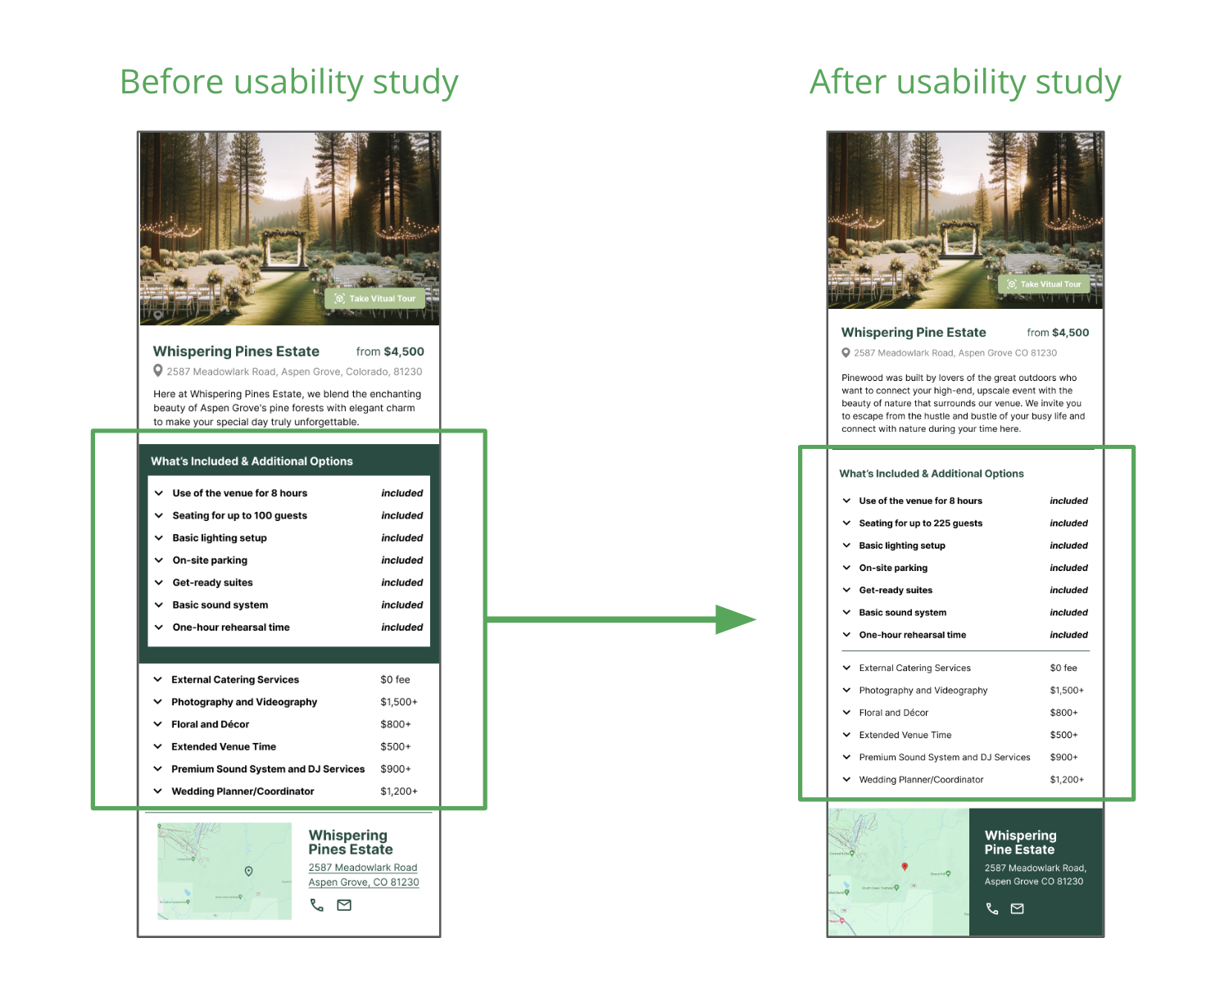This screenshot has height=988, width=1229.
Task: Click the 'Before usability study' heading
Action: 288,82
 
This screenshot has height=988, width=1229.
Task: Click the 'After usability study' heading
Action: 965,82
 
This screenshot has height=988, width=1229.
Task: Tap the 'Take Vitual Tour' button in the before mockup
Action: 375,298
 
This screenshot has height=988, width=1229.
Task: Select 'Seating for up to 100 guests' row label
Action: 239,515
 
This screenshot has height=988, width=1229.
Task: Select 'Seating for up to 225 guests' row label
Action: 920,523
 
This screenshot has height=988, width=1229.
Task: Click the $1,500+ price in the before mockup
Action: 398,702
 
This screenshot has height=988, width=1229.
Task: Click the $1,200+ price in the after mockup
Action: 1066,780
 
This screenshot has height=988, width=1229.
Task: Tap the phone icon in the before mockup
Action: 317,905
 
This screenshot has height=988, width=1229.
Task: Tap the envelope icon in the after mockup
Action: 1017,909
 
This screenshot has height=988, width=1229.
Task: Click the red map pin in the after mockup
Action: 905,866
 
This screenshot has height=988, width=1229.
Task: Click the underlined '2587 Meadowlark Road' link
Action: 362,868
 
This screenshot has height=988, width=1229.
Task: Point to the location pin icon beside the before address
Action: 158,371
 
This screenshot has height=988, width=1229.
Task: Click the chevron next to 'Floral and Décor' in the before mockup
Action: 157,724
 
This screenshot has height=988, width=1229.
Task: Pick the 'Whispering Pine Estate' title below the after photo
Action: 914,333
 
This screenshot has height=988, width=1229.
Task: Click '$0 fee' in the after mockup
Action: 1063,668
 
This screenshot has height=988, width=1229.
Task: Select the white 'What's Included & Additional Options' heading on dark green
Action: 252,461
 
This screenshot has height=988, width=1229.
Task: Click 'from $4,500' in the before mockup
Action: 390,351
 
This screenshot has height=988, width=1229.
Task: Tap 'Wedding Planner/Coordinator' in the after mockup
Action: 921,780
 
